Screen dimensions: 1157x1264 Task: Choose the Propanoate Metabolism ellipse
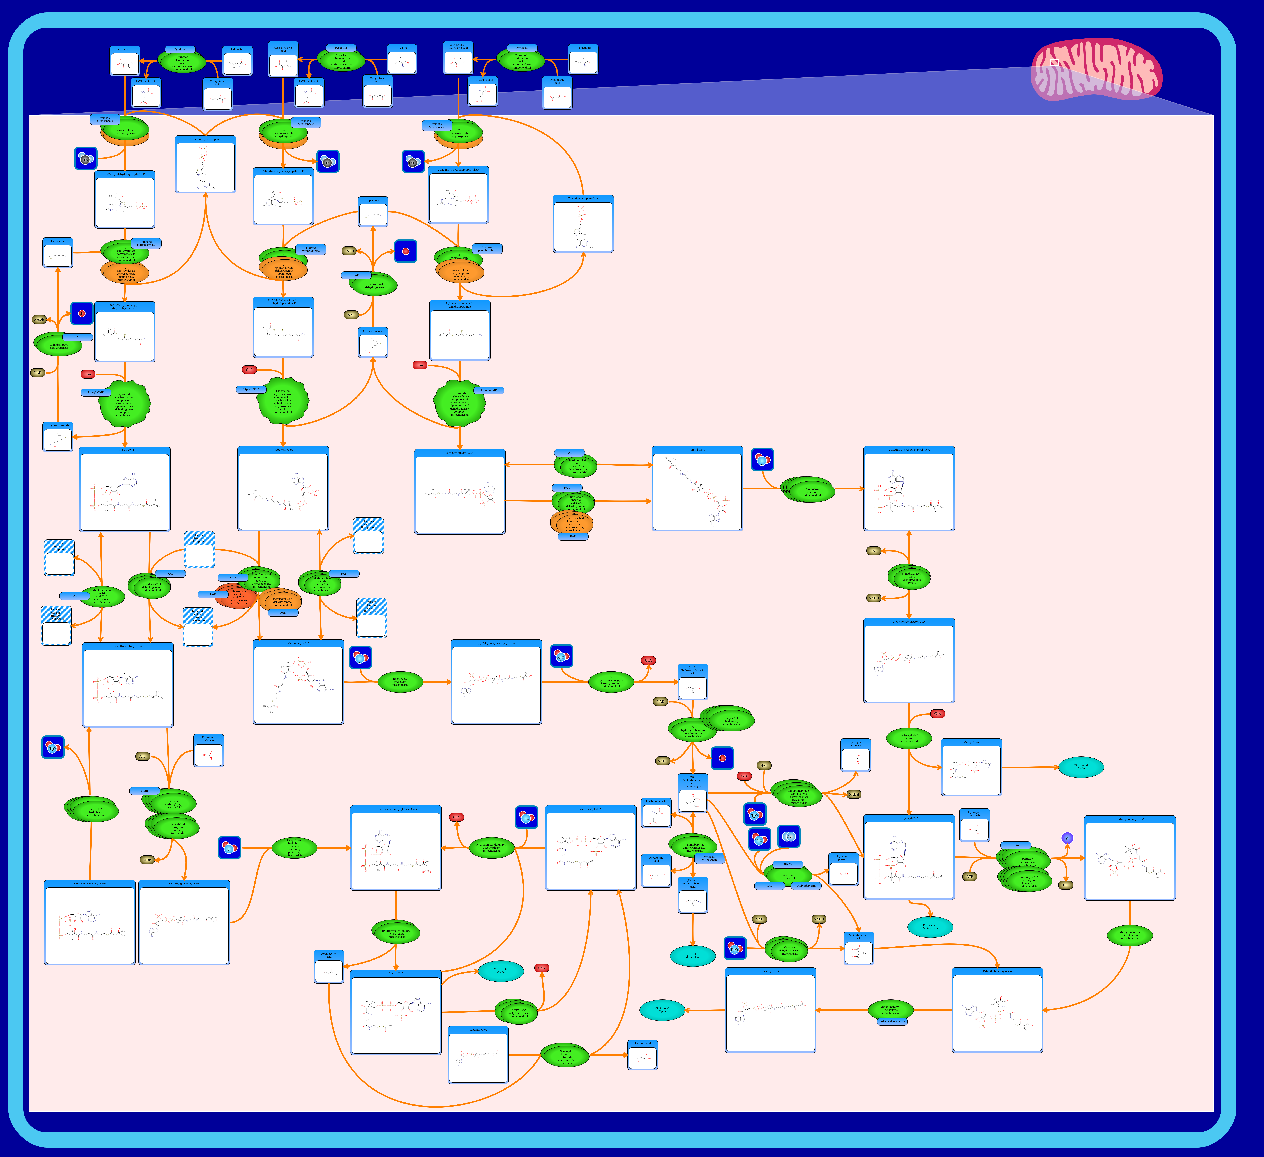coord(930,926)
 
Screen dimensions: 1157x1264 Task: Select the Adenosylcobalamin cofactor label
coord(892,1021)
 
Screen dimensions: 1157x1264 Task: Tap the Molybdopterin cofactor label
coord(806,886)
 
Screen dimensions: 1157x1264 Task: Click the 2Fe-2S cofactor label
coord(787,864)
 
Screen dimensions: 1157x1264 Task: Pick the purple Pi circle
coord(1067,838)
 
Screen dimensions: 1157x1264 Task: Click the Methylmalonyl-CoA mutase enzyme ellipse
coord(890,1010)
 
